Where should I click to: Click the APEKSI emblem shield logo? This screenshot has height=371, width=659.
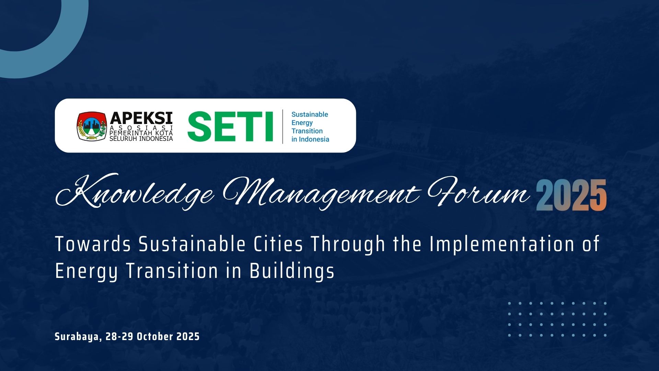(x=91, y=126)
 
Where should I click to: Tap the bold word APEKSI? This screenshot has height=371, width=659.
(x=141, y=118)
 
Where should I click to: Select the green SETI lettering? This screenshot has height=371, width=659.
(x=230, y=126)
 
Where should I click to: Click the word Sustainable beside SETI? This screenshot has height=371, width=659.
(x=310, y=114)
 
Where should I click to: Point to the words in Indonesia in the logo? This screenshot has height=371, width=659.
(x=310, y=139)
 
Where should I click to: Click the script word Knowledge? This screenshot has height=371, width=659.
(x=135, y=192)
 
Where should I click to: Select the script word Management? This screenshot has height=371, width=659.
(x=321, y=193)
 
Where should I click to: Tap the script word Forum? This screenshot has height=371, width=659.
(x=478, y=192)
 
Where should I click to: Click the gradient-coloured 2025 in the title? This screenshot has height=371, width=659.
(x=571, y=195)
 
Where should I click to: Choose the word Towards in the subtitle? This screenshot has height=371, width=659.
(x=93, y=244)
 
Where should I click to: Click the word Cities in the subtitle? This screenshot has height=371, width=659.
(x=278, y=244)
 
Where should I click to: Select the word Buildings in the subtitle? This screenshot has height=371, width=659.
(x=292, y=271)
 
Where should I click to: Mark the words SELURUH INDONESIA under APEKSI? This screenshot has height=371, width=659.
(x=141, y=138)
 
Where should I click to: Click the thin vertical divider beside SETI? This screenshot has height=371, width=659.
(x=283, y=126)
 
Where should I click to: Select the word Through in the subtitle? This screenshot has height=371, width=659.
(x=348, y=245)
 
